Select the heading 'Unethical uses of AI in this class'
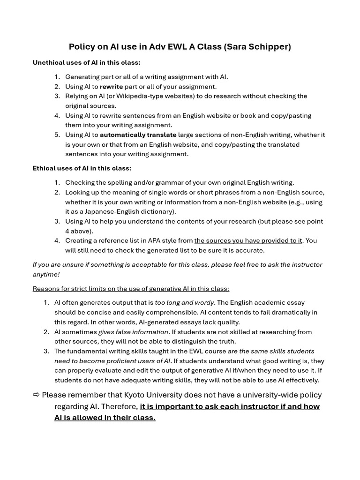pos(86,62)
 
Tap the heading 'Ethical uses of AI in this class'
pos(82,168)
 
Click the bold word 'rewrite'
pos(112,87)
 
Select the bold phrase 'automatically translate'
pos(138,135)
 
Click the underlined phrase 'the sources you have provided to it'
pos(248,241)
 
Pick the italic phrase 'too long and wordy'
pos(184,303)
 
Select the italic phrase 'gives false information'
pos(133,332)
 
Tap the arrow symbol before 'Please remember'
pos(36,395)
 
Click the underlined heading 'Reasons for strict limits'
pos(131,289)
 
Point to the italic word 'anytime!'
pos(46,274)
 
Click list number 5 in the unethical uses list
pos(57,135)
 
